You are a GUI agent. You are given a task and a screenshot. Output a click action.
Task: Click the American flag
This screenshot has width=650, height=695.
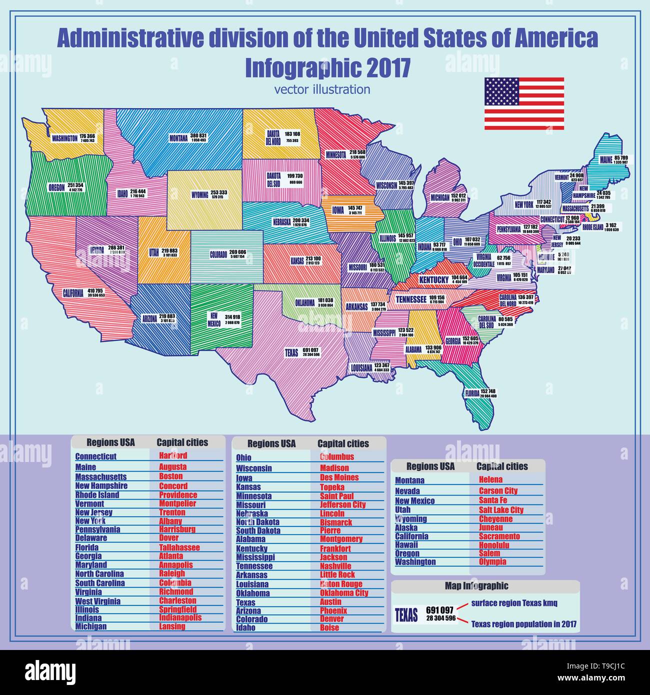pos(524,103)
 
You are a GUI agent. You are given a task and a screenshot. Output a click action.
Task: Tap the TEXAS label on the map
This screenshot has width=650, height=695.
pos(291,353)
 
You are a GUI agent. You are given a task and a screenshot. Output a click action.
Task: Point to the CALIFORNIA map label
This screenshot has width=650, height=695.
pos(73,293)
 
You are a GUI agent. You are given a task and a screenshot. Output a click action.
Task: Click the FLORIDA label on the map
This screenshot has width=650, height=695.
pos(471,393)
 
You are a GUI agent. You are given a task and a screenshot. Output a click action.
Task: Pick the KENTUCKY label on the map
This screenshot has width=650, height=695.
pos(433,280)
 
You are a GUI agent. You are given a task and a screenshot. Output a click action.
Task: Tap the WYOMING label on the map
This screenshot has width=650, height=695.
pos(200,195)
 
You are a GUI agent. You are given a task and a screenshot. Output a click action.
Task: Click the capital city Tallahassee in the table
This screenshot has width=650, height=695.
pos(179,547)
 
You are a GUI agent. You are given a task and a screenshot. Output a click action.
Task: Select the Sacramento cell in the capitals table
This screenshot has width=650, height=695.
pos(499,536)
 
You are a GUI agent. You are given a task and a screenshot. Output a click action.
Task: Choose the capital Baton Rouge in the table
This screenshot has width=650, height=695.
pos(341,584)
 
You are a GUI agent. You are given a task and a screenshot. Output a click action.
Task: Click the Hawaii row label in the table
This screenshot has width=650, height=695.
pos(406,545)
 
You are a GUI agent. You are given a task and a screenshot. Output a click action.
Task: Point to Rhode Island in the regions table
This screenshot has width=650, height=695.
pos(97,495)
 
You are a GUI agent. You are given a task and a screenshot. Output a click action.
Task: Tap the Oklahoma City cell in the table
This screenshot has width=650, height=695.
pos(344,593)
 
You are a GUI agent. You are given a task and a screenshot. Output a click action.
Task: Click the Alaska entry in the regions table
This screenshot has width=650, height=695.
pos(406,527)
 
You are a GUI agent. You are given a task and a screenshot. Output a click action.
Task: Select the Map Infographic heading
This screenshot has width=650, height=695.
pos(476,586)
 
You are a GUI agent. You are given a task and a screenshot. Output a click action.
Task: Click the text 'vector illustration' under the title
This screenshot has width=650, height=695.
pos(322,89)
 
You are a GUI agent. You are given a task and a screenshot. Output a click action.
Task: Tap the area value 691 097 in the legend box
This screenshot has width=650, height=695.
pos(439,610)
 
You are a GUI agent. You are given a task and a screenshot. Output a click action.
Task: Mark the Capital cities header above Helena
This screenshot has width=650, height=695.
pos(502,466)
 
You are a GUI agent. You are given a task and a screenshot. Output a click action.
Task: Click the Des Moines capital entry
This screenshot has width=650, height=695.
pos(339,477)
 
